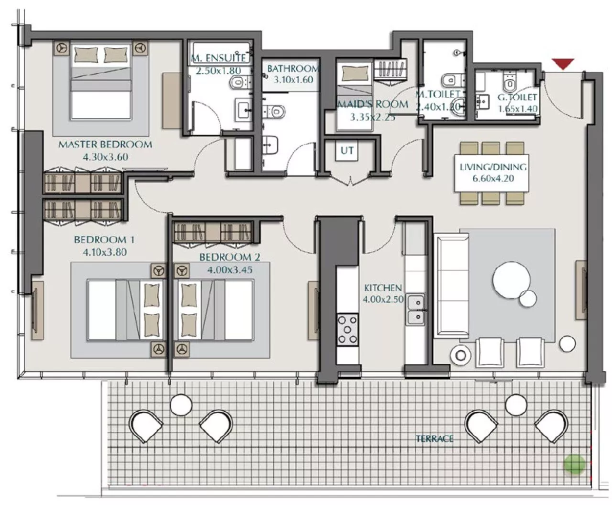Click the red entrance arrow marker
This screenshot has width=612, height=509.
tap(563, 64)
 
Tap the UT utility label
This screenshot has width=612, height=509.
tap(347, 150)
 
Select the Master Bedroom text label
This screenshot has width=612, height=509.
tap(105, 144)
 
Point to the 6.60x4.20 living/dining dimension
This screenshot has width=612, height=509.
tap(493, 178)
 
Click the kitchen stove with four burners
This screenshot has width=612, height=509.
tap(347, 330)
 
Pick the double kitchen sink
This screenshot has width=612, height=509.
tap(415, 309)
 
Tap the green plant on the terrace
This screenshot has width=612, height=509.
tap(574, 464)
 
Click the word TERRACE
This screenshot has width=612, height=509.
tap(435, 438)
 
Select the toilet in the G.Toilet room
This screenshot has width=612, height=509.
tap(510, 82)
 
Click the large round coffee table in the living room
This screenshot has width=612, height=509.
tap(512, 280)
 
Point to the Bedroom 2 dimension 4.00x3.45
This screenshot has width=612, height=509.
tap(229, 269)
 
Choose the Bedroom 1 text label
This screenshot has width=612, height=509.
tap(104, 240)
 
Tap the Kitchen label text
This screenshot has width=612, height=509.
tap(383, 288)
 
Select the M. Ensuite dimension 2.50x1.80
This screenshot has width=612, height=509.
tap(218, 71)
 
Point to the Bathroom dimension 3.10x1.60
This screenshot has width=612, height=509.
tap(294, 79)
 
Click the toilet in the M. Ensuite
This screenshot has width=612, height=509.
tap(239, 82)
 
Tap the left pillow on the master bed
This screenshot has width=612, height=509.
tap(86, 54)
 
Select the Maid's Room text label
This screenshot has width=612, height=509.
tap(372, 104)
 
